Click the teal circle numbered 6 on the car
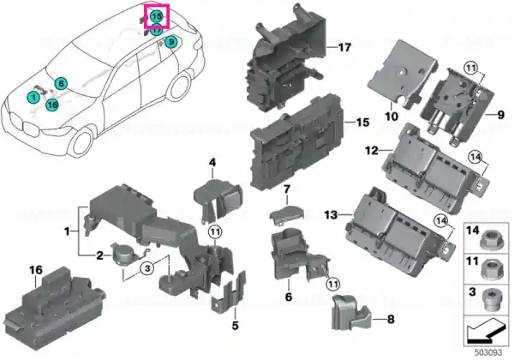pos(61,84)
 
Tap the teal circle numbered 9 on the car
pos(170,42)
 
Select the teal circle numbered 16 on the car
pos(52,105)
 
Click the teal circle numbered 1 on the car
pos(33,97)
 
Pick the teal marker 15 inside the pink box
pos(157,15)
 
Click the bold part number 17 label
pos(344,47)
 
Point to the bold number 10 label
pos(391,116)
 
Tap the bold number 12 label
pos(372,151)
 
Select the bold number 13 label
pos(331,215)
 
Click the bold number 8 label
pos(391,320)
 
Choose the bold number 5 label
pos(235,326)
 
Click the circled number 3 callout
pos(147,268)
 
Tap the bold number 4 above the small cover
pos(212,162)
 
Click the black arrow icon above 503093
pos(485,332)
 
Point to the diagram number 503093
pos(488,352)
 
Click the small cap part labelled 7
pos(286,213)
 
